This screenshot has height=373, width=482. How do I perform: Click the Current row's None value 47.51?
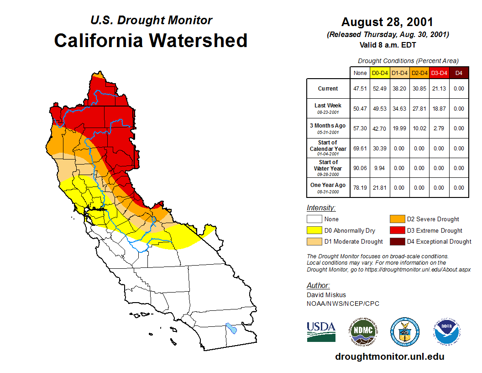(x=360, y=89)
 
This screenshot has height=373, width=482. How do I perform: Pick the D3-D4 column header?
(x=439, y=73)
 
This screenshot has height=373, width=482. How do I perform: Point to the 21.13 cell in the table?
(x=439, y=89)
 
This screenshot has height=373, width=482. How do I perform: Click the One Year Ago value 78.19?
(x=360, y=187)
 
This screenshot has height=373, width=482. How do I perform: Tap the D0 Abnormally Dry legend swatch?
(x=314, y=230)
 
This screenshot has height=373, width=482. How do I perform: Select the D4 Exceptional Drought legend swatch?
(x=397, y=241)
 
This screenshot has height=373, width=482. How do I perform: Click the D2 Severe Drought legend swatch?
(x=397, y=219)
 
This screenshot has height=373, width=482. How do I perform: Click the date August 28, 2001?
(x=387, y=22)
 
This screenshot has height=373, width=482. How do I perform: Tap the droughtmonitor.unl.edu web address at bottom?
(x=389, y=357)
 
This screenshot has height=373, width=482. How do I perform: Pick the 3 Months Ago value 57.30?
(x=360, y=128)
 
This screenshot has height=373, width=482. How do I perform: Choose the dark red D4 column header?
(x=459, y=73)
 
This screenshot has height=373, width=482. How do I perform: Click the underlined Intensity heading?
(x=321, y=208)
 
